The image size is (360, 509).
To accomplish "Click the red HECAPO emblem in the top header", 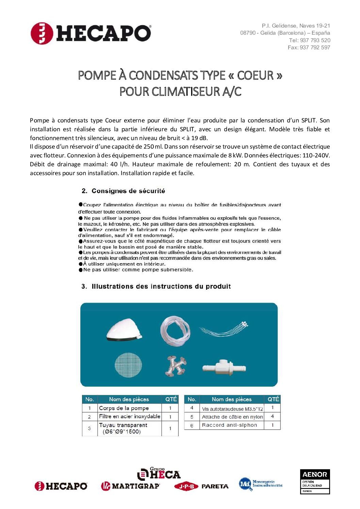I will [x=42, y=33].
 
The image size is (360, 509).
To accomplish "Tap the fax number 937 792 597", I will [x=315, y=48].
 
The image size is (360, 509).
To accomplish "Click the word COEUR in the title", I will [x=255, y=75].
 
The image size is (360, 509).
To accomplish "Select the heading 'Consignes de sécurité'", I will [x=128, y=191].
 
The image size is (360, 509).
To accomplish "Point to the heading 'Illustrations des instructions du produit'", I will [x=161, y=287].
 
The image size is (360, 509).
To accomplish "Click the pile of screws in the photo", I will [x=176, y=366].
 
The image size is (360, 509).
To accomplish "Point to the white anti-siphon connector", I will [x=224, y=368].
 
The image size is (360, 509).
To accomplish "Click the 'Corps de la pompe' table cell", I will [x=124, y=408].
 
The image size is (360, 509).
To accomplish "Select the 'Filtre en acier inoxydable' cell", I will [x=129, y=417].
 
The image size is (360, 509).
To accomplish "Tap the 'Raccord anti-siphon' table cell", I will [x=230, y=425].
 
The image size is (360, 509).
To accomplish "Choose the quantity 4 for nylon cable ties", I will [x=272, y=417].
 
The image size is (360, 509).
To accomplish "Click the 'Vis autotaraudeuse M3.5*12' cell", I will [x=232, y=409].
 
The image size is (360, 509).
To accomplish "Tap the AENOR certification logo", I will [x=315, y=481].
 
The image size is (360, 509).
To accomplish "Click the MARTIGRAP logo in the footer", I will [x=130, y=486].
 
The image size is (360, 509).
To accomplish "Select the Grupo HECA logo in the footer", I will [x=159, y=474].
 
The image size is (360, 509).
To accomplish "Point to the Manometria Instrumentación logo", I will [x=261, y=484].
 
